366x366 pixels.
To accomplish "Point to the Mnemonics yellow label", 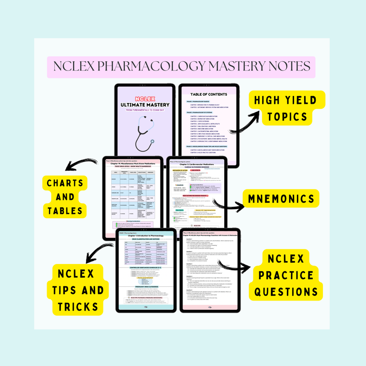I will coord(288,199).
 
